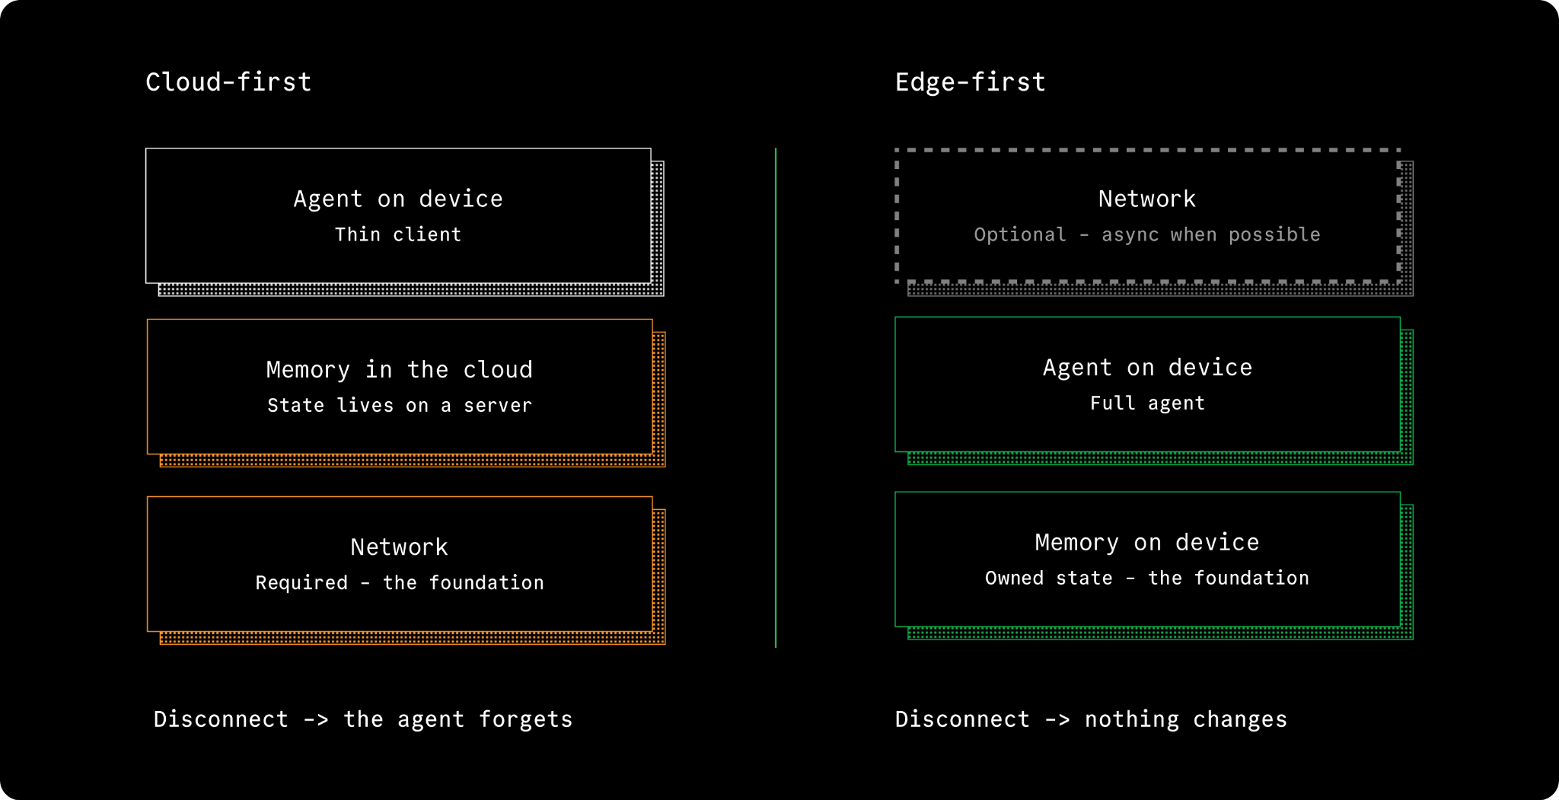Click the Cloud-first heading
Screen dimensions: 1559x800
click(x=228, y=81)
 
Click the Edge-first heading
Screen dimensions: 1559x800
click(x=971, y=81)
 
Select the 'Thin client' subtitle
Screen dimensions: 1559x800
click(x=398, y=234)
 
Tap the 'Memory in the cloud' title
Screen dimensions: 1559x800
click(x=400, y=370)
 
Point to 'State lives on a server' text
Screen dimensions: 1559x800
click(x=400, y=405)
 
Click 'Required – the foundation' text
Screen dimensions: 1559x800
click(x=400, y=583)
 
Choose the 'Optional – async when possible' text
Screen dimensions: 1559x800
click(x=1147, y=234)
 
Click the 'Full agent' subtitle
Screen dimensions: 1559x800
click(x=1147, y=403)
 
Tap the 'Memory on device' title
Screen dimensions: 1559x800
click(x=1147, y=543)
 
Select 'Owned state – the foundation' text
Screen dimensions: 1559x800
click(x=1147, y=578)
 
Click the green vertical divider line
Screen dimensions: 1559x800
click(x=776, y=398)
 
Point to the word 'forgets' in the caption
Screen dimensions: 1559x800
click(x=525, y=719)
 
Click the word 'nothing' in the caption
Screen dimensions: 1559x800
click(x=1132, y=719)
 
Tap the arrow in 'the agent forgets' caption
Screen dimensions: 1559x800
click(x=316, y=720)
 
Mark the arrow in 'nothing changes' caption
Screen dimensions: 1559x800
click(x=1057, y=720)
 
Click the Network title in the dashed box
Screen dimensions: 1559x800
click(x=1147, y=199)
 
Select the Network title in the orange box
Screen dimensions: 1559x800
click(x=400, y=547)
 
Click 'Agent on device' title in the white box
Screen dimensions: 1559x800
click(x=398, y=199)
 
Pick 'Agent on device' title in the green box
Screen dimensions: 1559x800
click(x=1147, y=368)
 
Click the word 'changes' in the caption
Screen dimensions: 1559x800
click(x=1240, y=719)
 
